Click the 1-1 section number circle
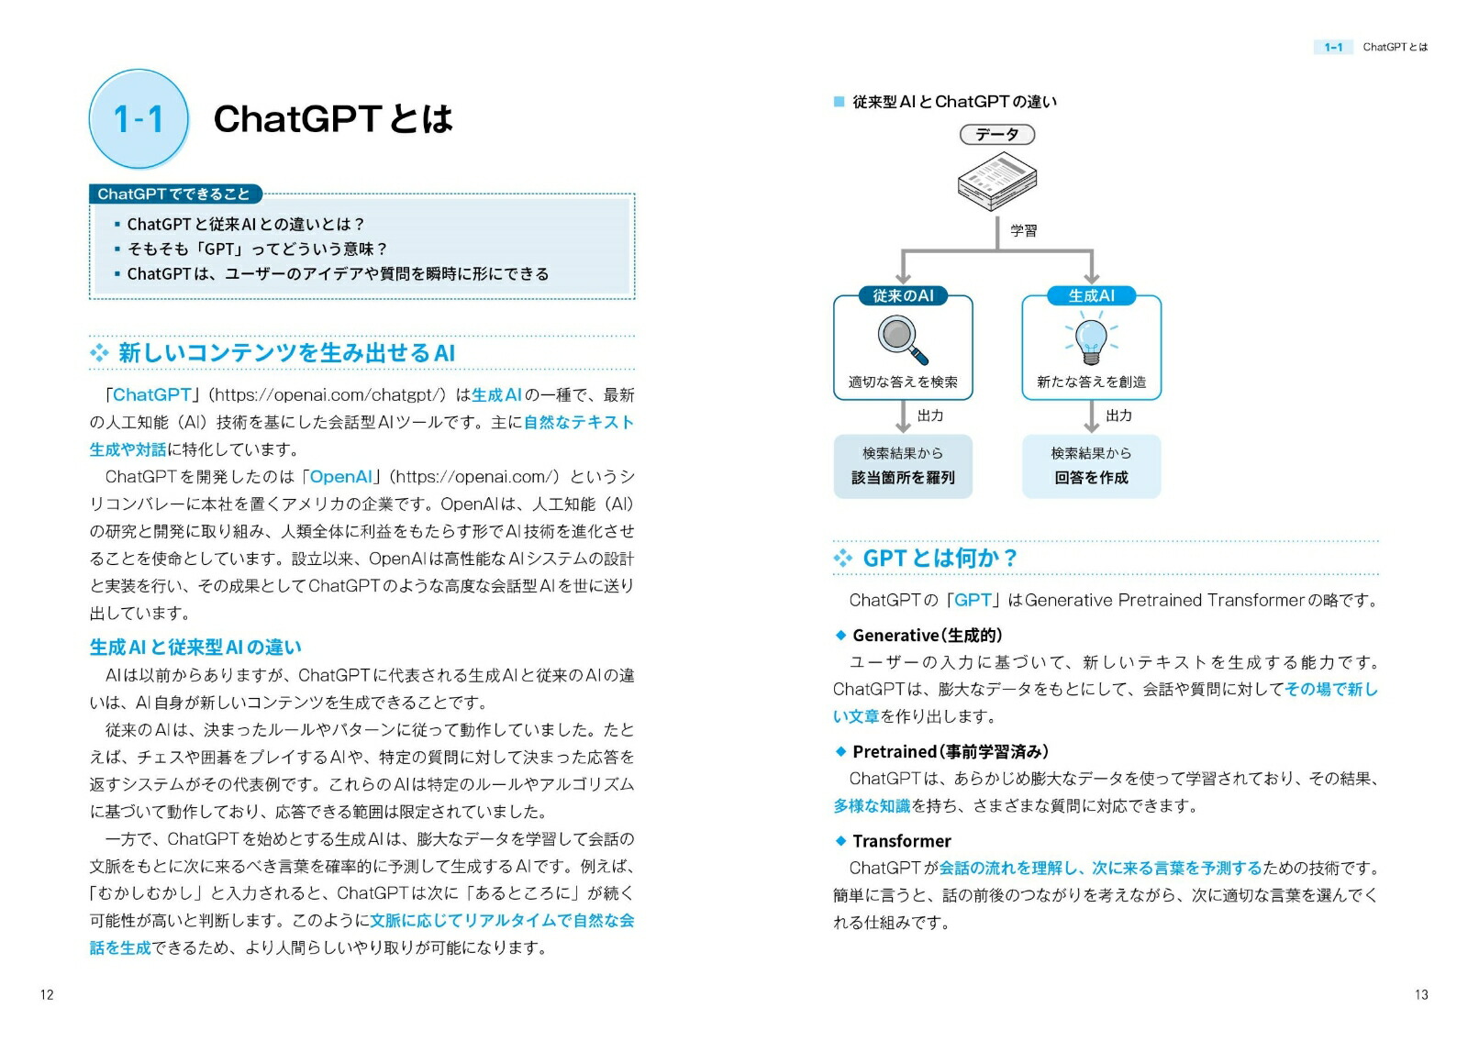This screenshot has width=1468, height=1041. tap(139, 119)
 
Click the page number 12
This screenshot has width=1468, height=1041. tap(47, 994)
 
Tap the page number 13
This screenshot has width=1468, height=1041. tap(1420, 994)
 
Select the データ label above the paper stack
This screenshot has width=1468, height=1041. tap(996, 135)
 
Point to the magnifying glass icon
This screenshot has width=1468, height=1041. tap(902, 338)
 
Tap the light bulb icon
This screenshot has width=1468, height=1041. tap(1091, 338)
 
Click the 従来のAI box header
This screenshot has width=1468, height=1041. tap(903, 295)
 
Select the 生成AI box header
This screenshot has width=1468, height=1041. tap(1091, 295)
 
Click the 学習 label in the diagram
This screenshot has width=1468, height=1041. tap(1023, 230)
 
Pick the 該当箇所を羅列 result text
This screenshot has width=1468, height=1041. tap(903, 477)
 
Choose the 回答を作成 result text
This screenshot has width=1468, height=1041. tap(1091, 477)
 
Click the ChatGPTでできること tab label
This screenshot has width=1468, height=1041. tap(174, 194)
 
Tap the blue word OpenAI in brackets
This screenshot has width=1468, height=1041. tap(340, 476)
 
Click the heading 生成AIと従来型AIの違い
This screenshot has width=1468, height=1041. tap(195, 647)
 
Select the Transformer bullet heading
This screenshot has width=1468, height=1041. tap(901, 840)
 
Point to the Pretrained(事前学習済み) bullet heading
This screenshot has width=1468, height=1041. tap(950, 751)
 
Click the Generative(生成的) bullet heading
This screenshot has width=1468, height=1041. tap(927, 635)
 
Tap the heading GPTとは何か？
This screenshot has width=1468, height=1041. tap(940, 558)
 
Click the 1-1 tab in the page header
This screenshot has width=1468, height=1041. tap(1333, 47)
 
